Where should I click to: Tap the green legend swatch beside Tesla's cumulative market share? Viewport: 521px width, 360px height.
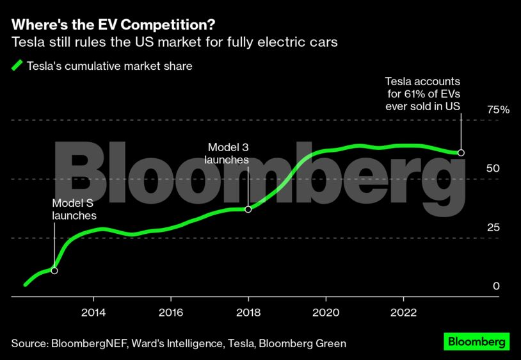tap(17, 65)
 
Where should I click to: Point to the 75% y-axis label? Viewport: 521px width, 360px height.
tap(497, 110)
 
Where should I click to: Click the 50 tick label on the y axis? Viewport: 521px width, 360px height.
tap(492, 168)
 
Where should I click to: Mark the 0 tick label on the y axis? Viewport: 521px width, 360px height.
tap(495, 286)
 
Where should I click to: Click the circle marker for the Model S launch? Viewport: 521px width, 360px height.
tap(54, 271)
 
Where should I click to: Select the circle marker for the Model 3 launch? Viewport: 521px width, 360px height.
tap(248, 209)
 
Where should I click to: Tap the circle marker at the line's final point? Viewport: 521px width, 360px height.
tap(461, 153)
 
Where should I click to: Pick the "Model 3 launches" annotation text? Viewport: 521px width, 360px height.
tap(226, 153)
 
